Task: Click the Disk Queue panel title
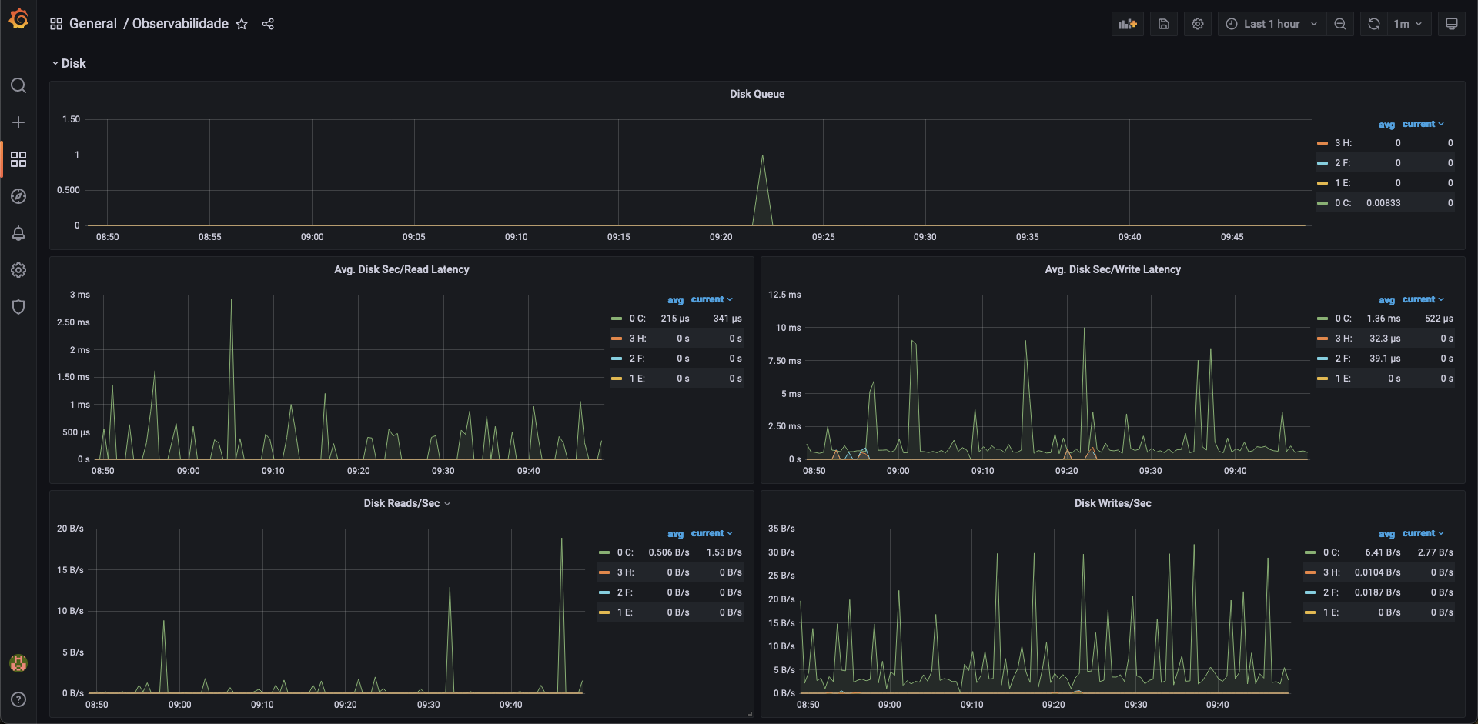click(x=757, y=94)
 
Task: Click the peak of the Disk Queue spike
click(x=762, y=156)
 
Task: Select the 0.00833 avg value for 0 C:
click(x=1383, y=203)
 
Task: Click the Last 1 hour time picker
click(x=1271, y=24)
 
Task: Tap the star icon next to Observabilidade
click(x=242, y=24)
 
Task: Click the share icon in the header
click(x=268, y=24)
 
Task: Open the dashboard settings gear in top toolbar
click(x=1198, y=24)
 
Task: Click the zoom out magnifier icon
click(x=1340, y=24)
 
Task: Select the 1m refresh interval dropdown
click(x=1408, y=24)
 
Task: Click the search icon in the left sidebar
click(x=18, y=85)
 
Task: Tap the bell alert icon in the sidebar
click(x=18, y=233)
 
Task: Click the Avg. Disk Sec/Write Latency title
click(x=1112, y=269)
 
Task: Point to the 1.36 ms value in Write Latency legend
click(x=1383, y=319)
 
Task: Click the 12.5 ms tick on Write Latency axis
click(x=784, y=295)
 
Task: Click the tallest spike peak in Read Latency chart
click(x=232, y=300)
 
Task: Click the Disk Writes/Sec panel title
click(x=1112, y=503)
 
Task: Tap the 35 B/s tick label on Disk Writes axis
click(x=781, y=529)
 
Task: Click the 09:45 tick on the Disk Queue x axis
click(x=1232, y=237)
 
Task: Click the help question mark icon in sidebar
click(x=18, y=699)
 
